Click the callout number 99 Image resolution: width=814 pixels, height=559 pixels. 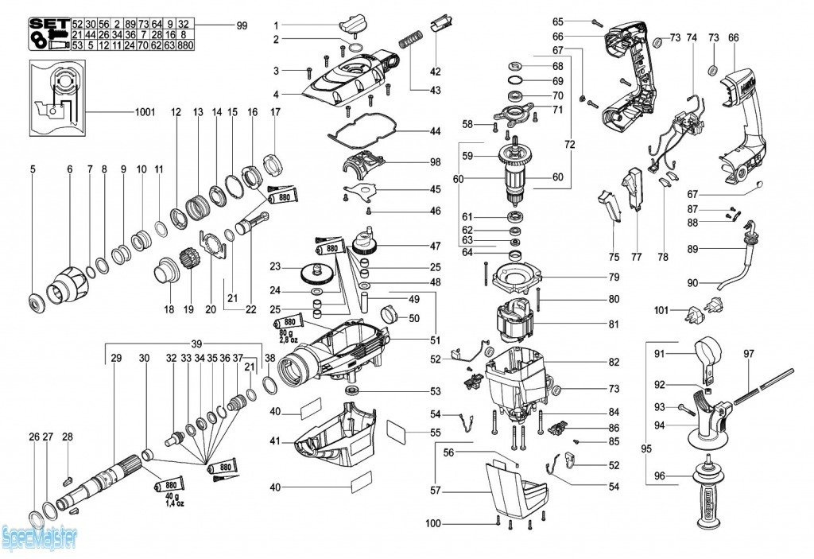coord(242,25)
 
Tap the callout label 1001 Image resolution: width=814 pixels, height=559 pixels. coord(144,112)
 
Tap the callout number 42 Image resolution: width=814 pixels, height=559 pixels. coord(435,72)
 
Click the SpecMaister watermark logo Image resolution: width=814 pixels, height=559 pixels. coord(39,538)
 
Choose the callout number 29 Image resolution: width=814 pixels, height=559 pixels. coord(116,359)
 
